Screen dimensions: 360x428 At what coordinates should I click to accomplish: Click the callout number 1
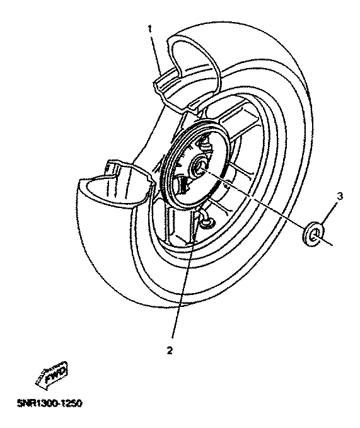(x=149, y=29)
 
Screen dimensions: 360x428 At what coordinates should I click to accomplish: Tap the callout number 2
(x=170, y=350)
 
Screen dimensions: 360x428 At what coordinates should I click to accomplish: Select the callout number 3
(x=340, y=196)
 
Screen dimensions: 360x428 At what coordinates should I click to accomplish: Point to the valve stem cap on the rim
(x=206, y=223)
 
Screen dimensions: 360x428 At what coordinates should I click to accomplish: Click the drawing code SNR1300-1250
(x=49, y=403)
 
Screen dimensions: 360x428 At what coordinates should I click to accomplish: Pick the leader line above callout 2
(x=183, y=275)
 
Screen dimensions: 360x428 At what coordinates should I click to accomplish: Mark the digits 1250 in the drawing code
(x=69, y=403)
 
